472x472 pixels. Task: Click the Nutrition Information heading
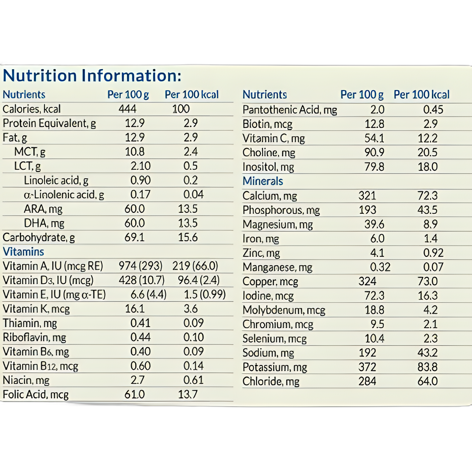tap(92, 76)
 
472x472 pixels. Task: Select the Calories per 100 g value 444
tap(127, 109)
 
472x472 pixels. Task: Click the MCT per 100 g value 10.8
tap(135, 152)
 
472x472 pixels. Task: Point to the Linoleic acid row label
tap(56, 180)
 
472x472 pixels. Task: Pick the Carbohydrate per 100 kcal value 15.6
tap(188, 238)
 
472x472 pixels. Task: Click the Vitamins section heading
tap(23, 252)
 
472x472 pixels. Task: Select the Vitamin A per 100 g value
tap(141, 266)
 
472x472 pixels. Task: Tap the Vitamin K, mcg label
tap(36, 309)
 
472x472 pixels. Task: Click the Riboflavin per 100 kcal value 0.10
tap(194, 337)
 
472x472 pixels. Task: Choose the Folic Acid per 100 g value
tap(135, 394)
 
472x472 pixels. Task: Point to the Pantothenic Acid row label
tap(290, 110)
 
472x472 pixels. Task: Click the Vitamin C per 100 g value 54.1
tap(374, 138)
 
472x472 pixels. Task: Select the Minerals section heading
tap(263, 181)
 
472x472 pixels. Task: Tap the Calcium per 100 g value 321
tap(367, 196)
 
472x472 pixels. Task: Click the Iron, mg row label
tap(261, 239)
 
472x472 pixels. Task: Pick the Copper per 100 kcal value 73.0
tap(427, 281)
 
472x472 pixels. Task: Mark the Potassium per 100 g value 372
tap(367, 367)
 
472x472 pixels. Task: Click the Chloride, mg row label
tap(271, 382)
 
